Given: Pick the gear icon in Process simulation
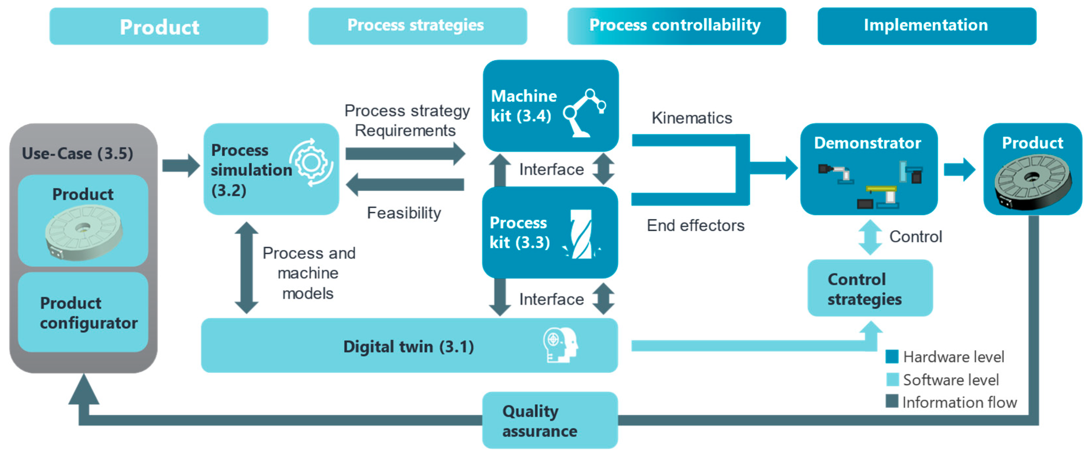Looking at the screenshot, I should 312,162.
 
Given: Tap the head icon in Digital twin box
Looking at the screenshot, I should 561,345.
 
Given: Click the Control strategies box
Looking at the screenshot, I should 870,288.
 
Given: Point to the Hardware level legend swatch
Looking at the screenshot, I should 892,356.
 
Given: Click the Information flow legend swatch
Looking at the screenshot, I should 892,401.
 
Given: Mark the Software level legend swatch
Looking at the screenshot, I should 892,379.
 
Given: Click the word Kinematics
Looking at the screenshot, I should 691,118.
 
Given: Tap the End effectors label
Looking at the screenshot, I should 695,225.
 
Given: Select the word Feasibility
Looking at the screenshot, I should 404,213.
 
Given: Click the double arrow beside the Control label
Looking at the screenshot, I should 870,237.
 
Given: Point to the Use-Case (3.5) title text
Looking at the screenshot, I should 78,153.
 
